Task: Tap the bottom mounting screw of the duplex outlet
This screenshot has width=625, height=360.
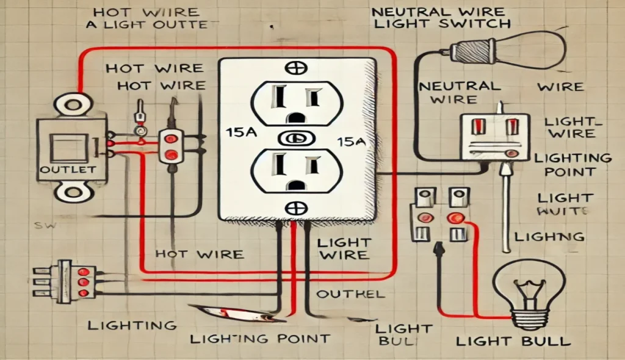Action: tap(298, 206)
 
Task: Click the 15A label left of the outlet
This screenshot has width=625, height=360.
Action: tap(236, 132)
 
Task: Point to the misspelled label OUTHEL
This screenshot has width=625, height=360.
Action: tap(351, 294)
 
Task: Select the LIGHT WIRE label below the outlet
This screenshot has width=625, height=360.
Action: tap(344, 248)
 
